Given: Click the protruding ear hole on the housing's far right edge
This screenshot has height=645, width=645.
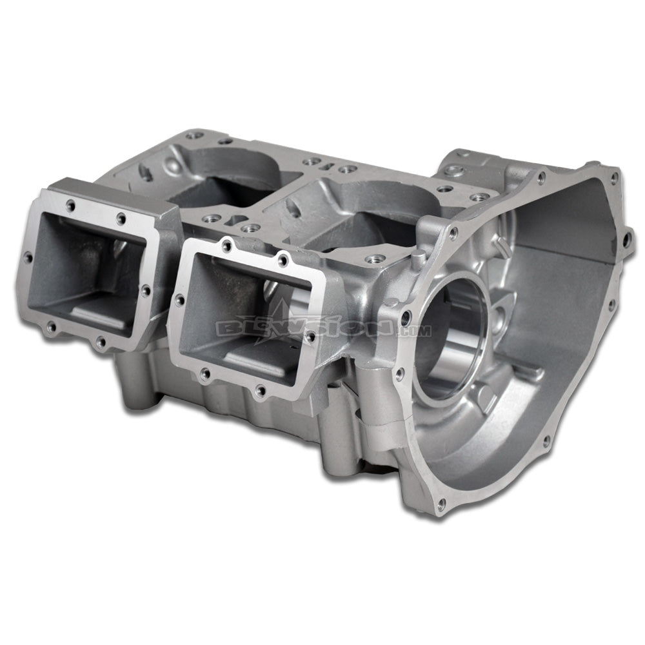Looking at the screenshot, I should pyautogui.click(x=625, y=239).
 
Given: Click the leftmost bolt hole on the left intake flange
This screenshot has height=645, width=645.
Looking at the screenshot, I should pyautogui.click(x=28, y=259).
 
